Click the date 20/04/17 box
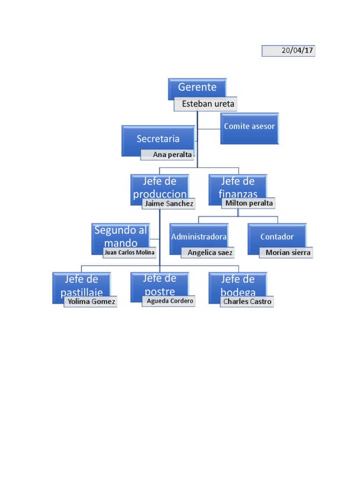[288, 51]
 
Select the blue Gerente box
[197, 88]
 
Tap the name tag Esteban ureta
[205, 105]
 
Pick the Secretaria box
[157, 139]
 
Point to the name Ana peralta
[168, 155]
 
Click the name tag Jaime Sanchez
[168, 203]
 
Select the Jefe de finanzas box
[238, 187]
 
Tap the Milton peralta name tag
[248, 203]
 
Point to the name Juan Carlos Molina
[129, 252]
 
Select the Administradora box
[199, 237]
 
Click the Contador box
[277, 237]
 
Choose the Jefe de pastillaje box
[81, 284]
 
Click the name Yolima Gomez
[90, 301]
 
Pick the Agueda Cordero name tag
[169, 301]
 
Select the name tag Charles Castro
[247, 301]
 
